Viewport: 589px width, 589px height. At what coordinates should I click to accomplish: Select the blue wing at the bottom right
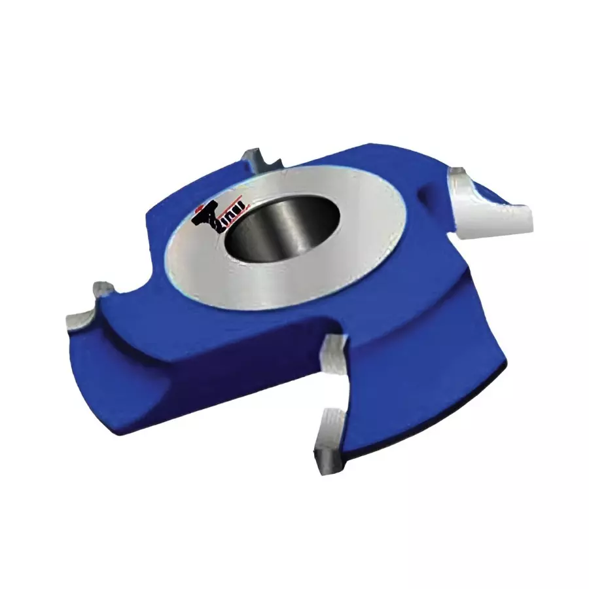pos(419,393)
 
